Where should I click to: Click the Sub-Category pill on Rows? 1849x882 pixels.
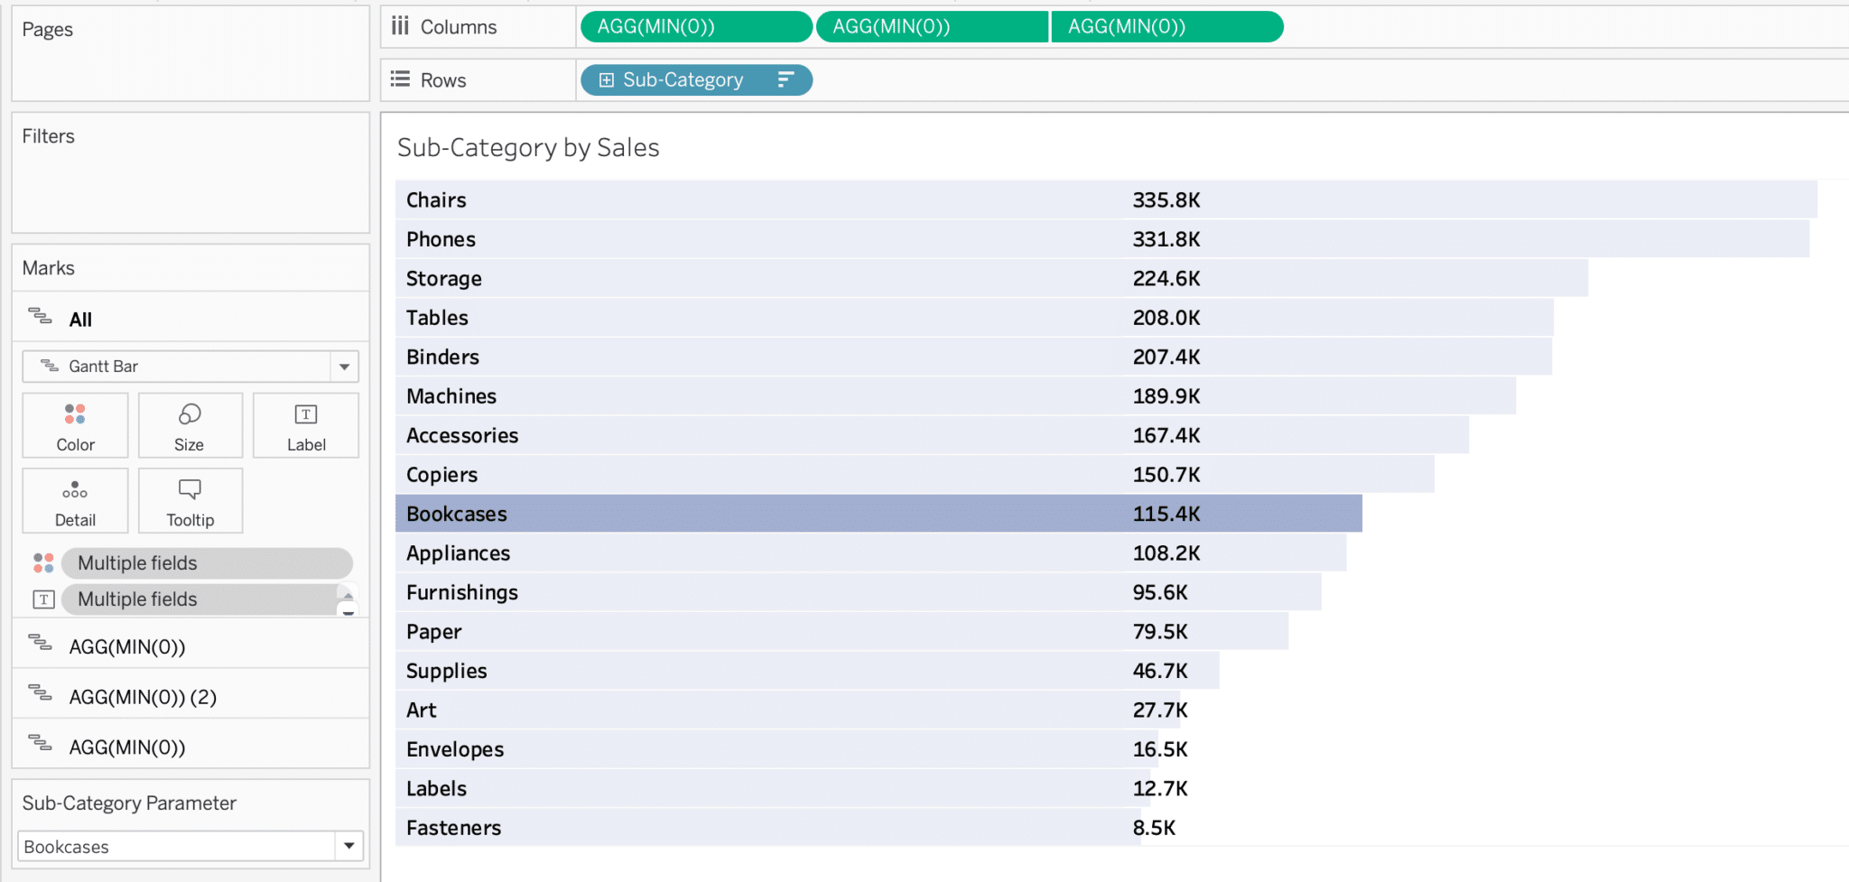pos(683,80)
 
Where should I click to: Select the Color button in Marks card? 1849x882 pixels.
pos(75,426)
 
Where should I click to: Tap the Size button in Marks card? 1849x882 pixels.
pos(190,426)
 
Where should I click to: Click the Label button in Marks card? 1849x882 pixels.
pos(306,426)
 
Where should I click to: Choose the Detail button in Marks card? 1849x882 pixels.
pos(75,501)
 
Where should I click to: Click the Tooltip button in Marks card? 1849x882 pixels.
pos(190,501)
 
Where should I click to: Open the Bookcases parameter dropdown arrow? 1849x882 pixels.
pos(348,847)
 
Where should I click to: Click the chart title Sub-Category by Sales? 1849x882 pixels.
pos(528,148)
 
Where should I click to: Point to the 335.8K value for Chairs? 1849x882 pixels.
pos(1166,200)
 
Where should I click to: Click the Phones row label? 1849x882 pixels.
pos(441,240)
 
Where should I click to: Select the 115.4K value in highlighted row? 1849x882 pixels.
pos(1166,515)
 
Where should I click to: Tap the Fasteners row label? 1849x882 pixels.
pos(453,829)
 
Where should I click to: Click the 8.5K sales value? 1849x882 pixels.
pos(1154,829)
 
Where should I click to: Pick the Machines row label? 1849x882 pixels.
pos(451,397)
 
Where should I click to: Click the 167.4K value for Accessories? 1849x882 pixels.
pos(1166,436)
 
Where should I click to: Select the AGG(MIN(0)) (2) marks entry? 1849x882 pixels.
pos(143,697)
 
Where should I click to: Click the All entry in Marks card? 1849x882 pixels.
pos(80,320)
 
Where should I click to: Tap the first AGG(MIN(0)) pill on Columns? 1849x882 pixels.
pos(695,27)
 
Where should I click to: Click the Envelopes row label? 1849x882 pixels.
pos(455,750)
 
